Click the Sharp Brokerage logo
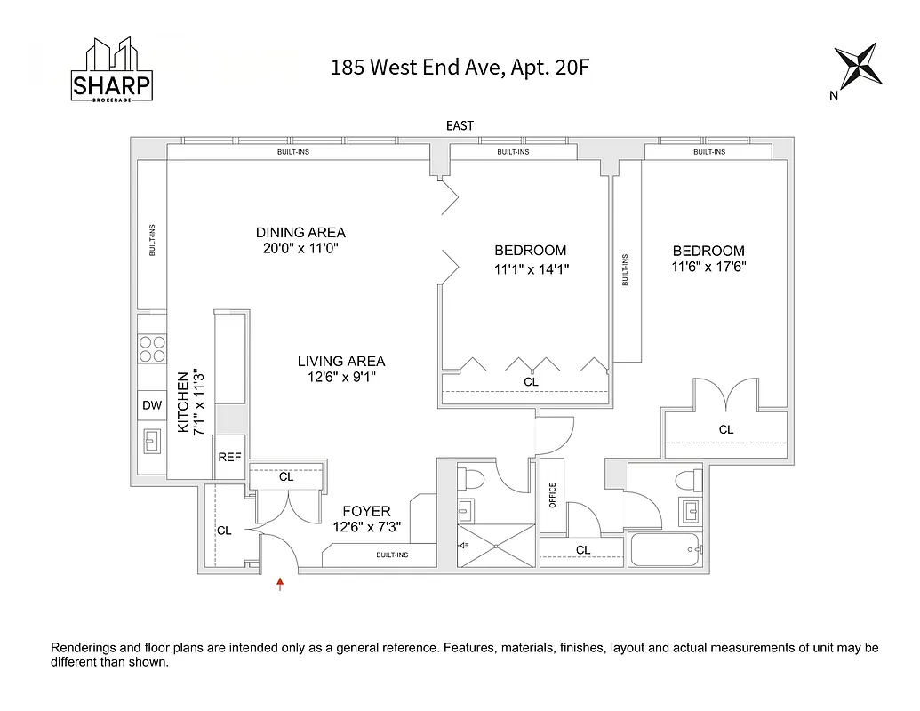coord(111,73)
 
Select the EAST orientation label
coord(460,126)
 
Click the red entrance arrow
coord(280,584)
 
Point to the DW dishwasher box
coord(151,405)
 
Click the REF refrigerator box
coord(229,457)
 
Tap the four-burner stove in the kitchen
coord(151,348)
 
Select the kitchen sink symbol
coord(151,438)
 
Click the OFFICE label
coord(552,495)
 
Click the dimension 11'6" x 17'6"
coord(708,267)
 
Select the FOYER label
coord(366,511)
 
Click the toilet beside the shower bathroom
coord(470,479)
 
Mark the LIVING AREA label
coord(340,361)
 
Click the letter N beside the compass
coord(833,96)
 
